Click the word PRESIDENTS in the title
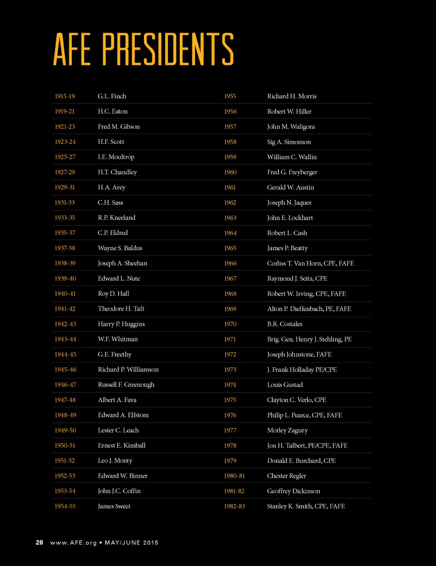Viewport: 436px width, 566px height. (168, 49)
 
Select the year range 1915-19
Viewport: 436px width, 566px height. (65, 96)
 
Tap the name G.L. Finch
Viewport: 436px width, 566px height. (112, 96)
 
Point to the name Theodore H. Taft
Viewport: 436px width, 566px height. (121, 309)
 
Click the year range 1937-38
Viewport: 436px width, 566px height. (65, 248)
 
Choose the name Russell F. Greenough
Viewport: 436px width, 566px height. (126, 385)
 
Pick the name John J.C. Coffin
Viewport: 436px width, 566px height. (119, 491)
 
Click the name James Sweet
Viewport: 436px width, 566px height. (114, 506)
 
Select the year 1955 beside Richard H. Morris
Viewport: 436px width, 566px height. (230, 96)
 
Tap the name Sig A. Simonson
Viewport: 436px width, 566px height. (289, 142)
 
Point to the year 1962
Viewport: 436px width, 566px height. (230, 203)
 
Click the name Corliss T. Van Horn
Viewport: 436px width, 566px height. (294, 263)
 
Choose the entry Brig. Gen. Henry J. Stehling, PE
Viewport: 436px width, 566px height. (310, 339)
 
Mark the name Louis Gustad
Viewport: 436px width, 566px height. (285, 385)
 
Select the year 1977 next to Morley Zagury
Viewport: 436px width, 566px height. (230, 430)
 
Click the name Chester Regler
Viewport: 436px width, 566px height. (287, 476)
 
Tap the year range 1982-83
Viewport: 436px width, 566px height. (235, 506)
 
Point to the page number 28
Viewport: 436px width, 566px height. (39, 543)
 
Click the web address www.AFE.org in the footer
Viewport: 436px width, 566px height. (74, 543)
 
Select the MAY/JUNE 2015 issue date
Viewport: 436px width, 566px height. (132, 543)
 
